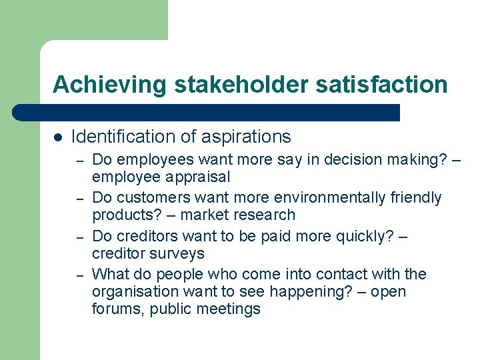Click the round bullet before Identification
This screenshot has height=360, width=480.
click(x=57, y=137)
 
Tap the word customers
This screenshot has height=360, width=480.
click(x=147, y=198)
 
